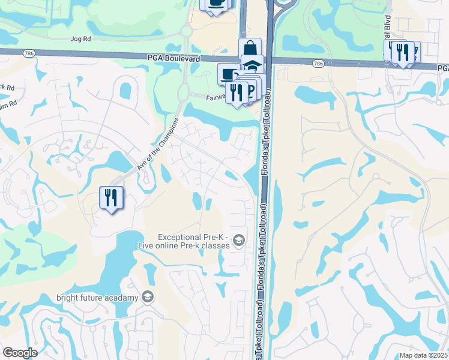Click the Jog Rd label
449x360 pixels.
(80, 39)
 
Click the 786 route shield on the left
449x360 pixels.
(28, 53)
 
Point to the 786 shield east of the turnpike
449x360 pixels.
(318, 63)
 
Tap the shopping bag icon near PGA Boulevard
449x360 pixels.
(250, 49)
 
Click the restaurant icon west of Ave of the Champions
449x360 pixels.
(111, 198)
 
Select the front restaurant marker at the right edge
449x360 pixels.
(403, 52)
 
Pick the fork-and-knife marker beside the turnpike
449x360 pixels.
(237, 92)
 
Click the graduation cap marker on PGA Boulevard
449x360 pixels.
(253, 64)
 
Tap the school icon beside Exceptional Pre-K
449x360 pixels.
(239, 241)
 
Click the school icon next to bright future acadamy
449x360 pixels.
(147, 297)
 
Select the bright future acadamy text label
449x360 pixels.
(98, 297)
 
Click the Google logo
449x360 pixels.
(20, 353)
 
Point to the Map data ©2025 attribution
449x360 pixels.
(423, 355)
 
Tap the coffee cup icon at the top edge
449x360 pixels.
(215, 4)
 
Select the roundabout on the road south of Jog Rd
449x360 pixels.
(185, 30)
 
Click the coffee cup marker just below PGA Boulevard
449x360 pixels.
(228, 73)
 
